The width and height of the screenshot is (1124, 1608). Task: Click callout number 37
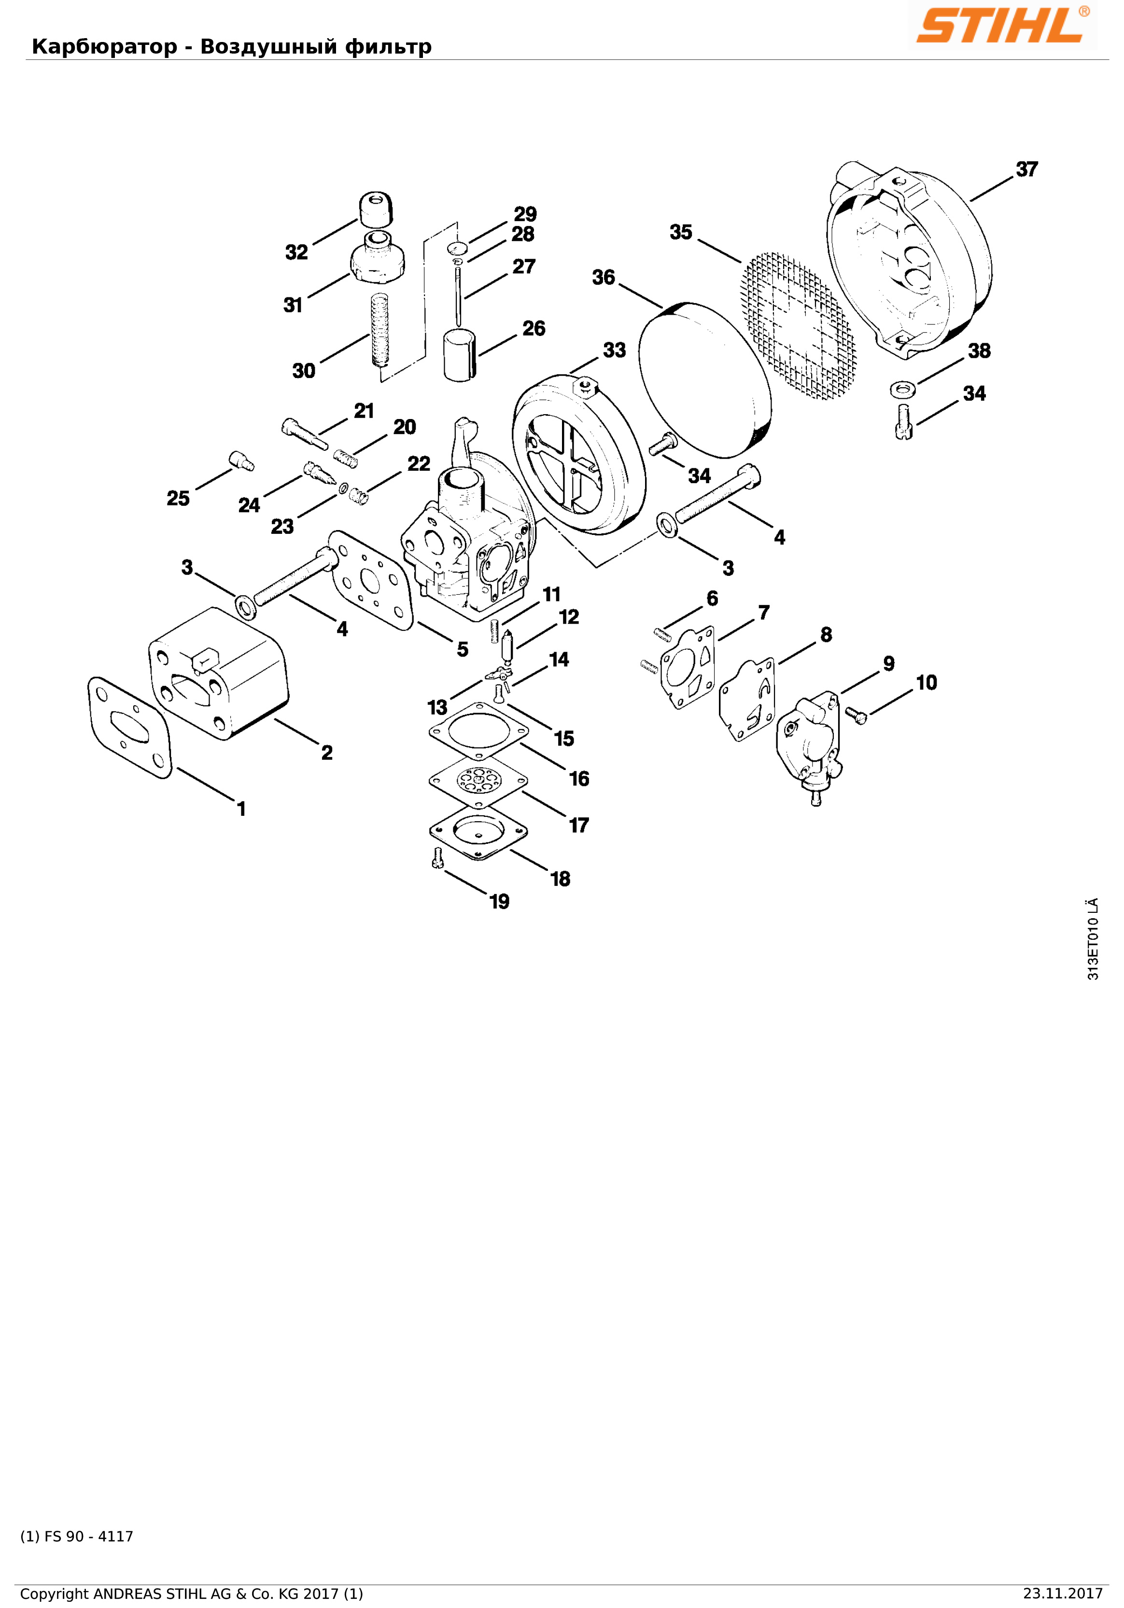coord(1026,169)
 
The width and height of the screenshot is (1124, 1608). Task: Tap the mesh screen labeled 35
coord(799,326)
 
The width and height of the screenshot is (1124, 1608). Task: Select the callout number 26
coord(534,328)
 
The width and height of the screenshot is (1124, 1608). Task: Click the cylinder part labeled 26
coord(460,356)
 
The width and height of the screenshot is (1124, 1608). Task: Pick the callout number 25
coord(178,498)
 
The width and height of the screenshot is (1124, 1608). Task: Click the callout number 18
coord(560,879)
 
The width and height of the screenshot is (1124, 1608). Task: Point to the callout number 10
coord(926,683)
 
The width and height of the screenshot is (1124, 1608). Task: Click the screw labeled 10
coord(856,714)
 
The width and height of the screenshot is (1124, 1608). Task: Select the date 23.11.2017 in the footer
coord(1062,1594)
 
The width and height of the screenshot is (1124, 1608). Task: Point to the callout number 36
coord(603,278)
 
